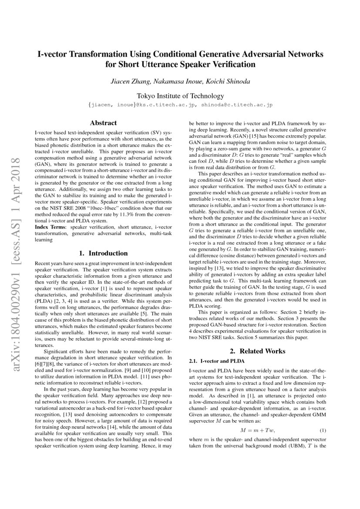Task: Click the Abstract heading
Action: [103, 123]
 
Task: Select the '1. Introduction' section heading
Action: [103, 253]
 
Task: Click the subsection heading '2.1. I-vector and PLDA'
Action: [217, 361]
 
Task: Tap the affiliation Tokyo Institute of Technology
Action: [180, 96]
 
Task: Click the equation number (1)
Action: [323, 431]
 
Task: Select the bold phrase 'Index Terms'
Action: [48, 227]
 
